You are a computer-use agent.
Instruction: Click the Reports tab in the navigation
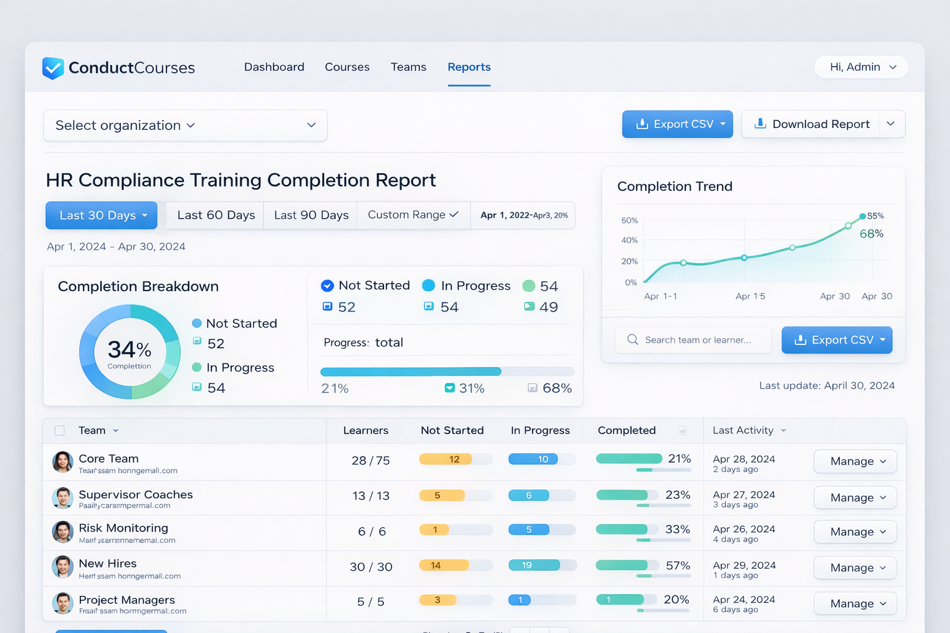click(x=469, y=67)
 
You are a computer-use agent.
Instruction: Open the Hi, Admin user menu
click(x=861, y=67)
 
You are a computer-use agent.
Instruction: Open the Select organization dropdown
click(x=185, y=125)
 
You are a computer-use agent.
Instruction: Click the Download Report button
click(x=812, y=124)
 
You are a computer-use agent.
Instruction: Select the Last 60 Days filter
click(x=216, y=215)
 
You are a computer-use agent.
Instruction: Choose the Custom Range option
click(x=413, y=215)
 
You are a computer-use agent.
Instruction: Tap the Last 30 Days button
click(x=101, y=215)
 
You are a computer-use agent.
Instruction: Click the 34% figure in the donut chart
click(x=129, y=350)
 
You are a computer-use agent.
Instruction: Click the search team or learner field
click(x=693, y=340)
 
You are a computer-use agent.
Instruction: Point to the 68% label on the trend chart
click(x=871, y=234)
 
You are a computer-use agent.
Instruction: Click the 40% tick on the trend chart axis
click(x=629, y=240)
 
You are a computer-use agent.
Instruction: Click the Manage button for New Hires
click(x=855, y=567)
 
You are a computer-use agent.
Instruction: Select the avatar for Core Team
click(x=62, y=462)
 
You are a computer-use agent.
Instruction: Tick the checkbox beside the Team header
click(x=60, y=431)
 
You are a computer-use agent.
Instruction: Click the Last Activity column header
click(x=743, y=430)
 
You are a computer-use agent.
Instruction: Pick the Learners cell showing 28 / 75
click(x=370, y=461)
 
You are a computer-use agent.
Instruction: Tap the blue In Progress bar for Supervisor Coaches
click(x=529, y=495)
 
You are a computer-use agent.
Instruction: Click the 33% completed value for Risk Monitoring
click(x=677, y=530)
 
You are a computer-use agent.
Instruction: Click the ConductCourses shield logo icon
click(x=53, y=67)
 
